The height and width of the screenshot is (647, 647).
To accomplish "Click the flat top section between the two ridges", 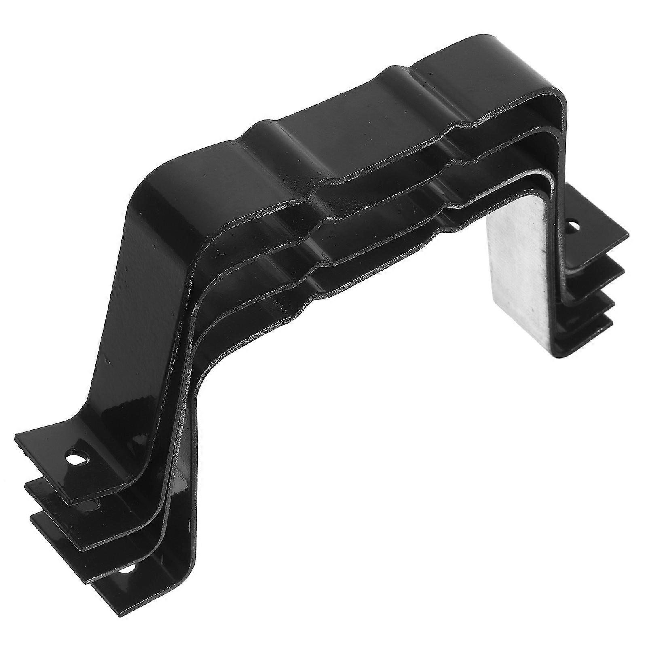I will point(332,121).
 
